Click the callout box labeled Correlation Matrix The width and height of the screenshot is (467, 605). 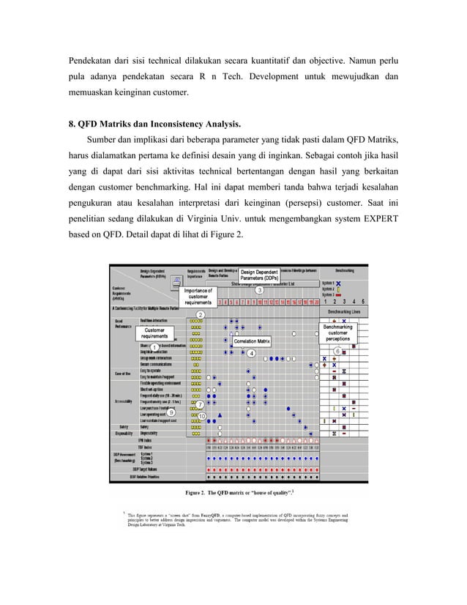252,341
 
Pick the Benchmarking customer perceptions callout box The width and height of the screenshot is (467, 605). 337,333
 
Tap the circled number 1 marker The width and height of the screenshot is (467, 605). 154,347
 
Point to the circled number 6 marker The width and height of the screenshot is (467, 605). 337,351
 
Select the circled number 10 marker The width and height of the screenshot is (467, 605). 201,416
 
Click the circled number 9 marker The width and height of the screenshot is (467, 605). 171,412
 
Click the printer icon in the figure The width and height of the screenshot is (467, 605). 176,281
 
